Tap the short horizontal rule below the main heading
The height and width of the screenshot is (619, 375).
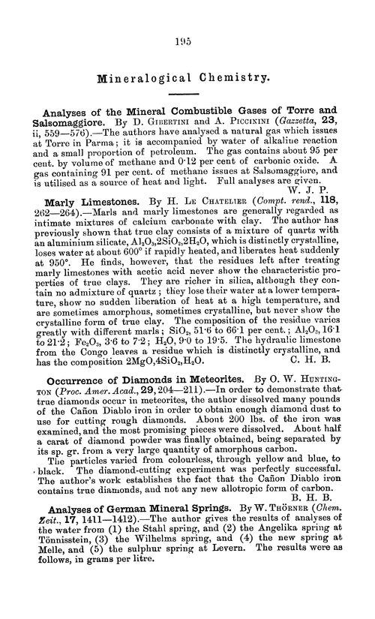pyautogui.click(x=187, y=94)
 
